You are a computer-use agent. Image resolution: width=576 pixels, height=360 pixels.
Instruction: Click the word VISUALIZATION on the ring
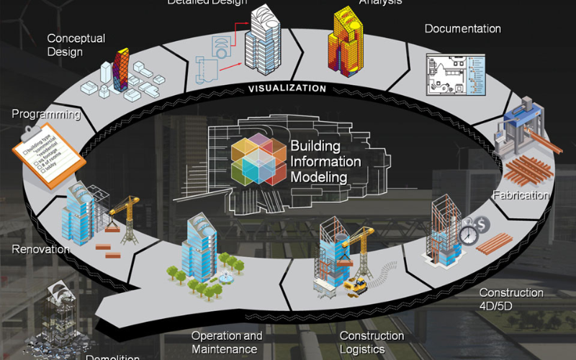(x=287, y=89)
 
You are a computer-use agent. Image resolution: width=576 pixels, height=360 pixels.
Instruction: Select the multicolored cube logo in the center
(x=258, y=161)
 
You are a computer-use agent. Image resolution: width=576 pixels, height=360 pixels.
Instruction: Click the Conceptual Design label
(x=76, y=45)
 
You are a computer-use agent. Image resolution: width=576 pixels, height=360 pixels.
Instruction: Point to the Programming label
(x=45, y=114)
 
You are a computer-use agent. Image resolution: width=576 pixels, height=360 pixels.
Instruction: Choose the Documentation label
(x=462, y=29)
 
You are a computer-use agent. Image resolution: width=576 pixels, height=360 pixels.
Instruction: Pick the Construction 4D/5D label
(x=511, y=300)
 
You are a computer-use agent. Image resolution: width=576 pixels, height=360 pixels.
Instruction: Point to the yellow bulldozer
(x=355, y=286)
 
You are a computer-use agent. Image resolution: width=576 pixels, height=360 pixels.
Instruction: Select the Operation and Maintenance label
(x=227, y=343)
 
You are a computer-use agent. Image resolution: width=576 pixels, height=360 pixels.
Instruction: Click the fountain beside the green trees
(x=225, y=276)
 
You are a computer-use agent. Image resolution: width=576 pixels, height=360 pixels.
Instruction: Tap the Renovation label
(x=40, y=250)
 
